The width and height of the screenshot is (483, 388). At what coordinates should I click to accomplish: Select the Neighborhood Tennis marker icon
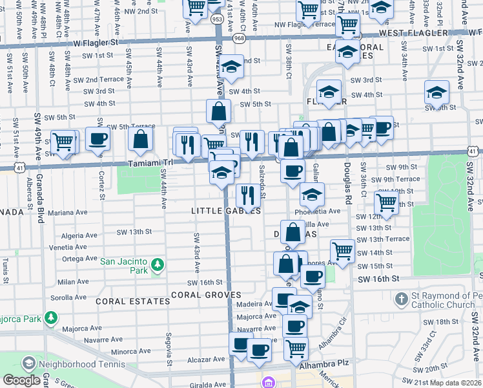tap(28, 364)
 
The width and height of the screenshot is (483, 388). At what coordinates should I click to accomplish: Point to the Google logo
tap(21, 380)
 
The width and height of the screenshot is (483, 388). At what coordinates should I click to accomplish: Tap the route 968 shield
tap(240, 39)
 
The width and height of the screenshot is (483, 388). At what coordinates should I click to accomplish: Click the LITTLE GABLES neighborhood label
tap(226, 211)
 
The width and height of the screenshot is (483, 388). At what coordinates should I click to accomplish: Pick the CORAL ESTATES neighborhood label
tap(124, 301)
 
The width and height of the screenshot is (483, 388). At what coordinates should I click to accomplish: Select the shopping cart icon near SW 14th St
tap(342, 250)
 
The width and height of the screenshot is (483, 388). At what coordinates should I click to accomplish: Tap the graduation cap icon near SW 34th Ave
tap(437, 92)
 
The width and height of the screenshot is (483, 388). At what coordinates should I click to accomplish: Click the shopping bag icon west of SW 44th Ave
tap(140, 138)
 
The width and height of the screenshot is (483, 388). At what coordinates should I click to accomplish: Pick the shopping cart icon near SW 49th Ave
tap(63, 142)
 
